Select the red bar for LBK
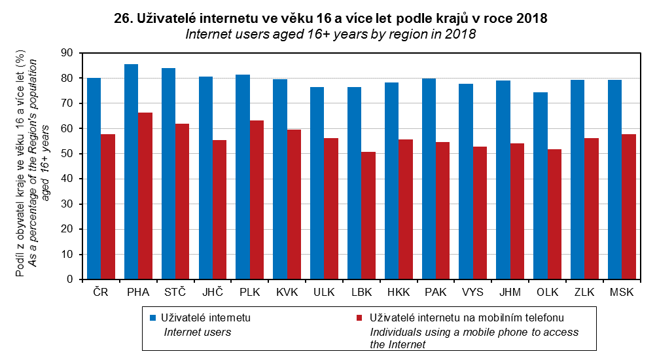368,215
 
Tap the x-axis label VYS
473,292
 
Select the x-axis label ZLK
584,292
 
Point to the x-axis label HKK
399,292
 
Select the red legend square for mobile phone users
359,317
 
